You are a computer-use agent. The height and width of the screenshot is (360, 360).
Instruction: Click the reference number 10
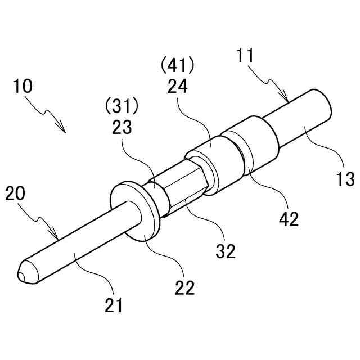23,87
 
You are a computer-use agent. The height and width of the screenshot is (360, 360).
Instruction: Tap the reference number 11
245,56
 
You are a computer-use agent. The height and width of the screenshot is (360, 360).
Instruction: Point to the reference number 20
15,195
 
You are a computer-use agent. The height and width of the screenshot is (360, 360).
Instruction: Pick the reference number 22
184,287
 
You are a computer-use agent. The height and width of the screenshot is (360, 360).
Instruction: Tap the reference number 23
121,127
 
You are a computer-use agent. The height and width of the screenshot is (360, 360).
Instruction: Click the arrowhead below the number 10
65,130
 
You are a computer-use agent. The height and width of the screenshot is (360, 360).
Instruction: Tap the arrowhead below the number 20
57,237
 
